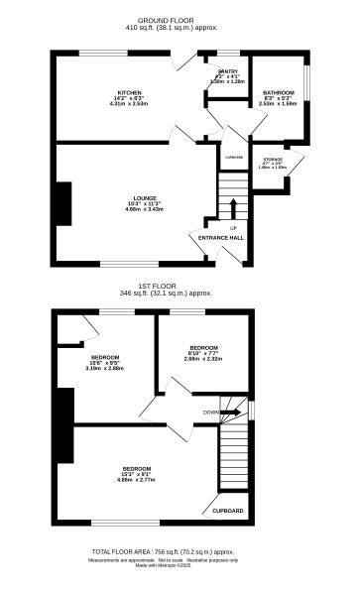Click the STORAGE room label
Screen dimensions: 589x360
tap(273, 159)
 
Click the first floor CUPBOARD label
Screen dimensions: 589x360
tap(228, 511)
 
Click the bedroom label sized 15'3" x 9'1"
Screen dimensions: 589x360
tap(137, 468)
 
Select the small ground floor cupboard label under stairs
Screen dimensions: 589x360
tap(233, 157)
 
